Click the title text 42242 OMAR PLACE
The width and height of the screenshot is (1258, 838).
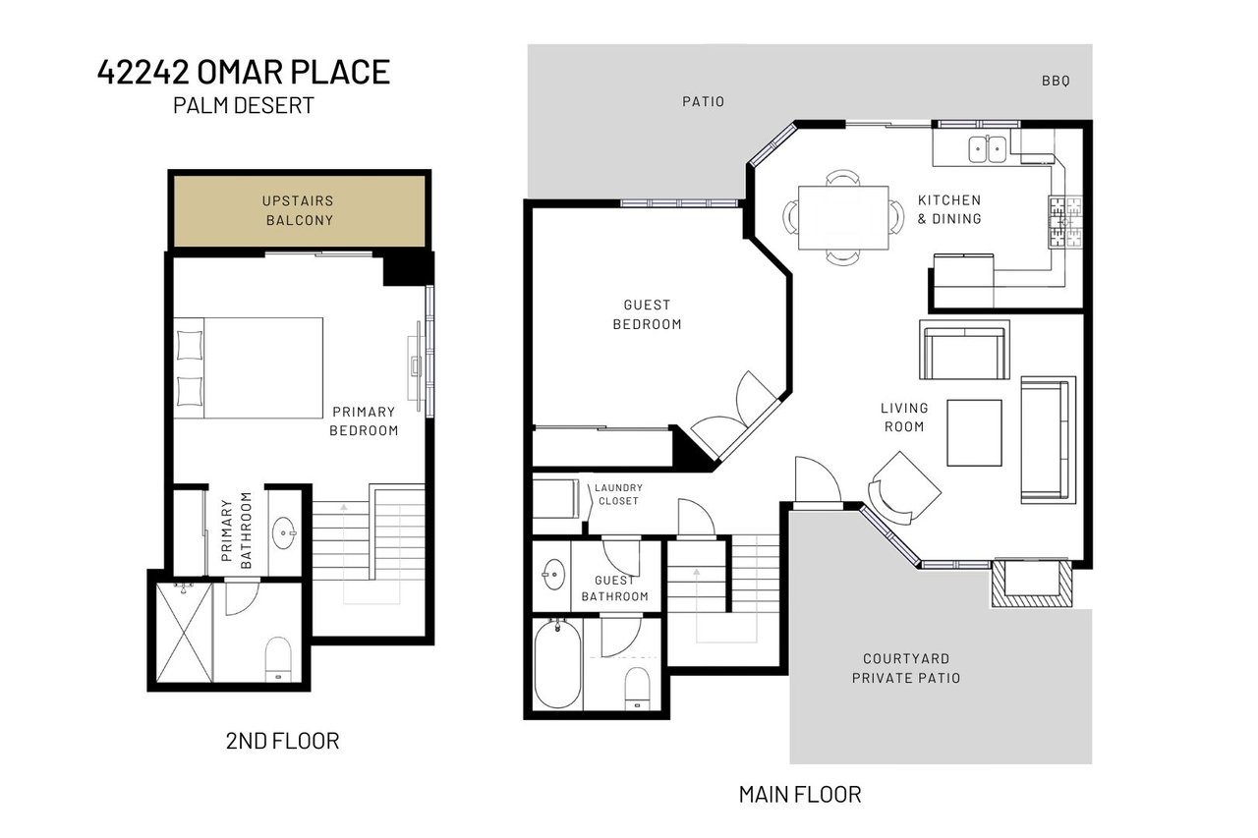244,73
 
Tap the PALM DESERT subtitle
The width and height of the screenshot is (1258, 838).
244,106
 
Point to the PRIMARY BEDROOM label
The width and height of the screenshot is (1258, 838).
364,421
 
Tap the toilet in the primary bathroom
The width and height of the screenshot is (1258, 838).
280,658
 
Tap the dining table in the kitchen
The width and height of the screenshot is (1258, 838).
843,217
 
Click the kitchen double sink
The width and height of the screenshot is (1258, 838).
987,149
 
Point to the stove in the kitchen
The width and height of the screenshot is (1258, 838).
1066,222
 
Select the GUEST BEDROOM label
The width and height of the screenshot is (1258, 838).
647,314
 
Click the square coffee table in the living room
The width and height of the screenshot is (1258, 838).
974,432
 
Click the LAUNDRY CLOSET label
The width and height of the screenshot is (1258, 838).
617,494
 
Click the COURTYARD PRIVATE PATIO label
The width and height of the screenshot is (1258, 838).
906,668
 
